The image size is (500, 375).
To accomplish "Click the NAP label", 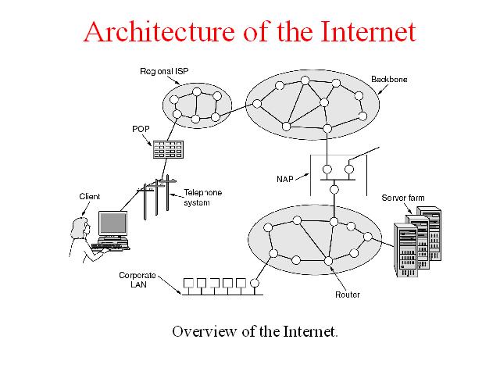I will (x=285, y=178).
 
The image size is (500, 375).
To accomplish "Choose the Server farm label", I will (x=402, y=198).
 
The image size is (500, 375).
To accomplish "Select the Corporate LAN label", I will (x=137, y=280).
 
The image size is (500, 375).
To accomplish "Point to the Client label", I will (x=90, y=196).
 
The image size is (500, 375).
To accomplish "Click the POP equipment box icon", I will (x=167, y=148).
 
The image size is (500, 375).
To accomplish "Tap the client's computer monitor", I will (x=112, y=224).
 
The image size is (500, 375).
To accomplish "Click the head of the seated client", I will (x=80, y=226).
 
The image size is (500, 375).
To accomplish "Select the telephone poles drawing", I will (x=156, y=199).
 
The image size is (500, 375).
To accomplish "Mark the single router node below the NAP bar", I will (x=334, y=189).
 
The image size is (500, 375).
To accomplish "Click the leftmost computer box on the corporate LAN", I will (x=187, y=284).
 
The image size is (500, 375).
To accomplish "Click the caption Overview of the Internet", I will (x=255, y=330).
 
